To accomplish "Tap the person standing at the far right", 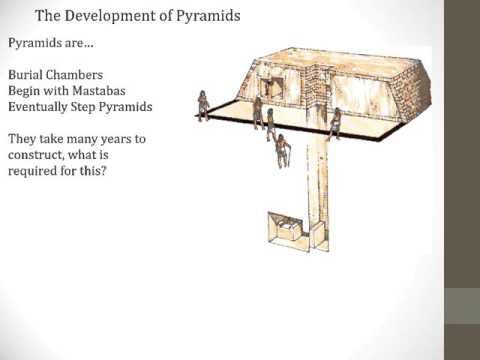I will [335, 122].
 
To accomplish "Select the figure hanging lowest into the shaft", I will [283, 150].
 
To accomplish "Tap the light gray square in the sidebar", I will [462, 305].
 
